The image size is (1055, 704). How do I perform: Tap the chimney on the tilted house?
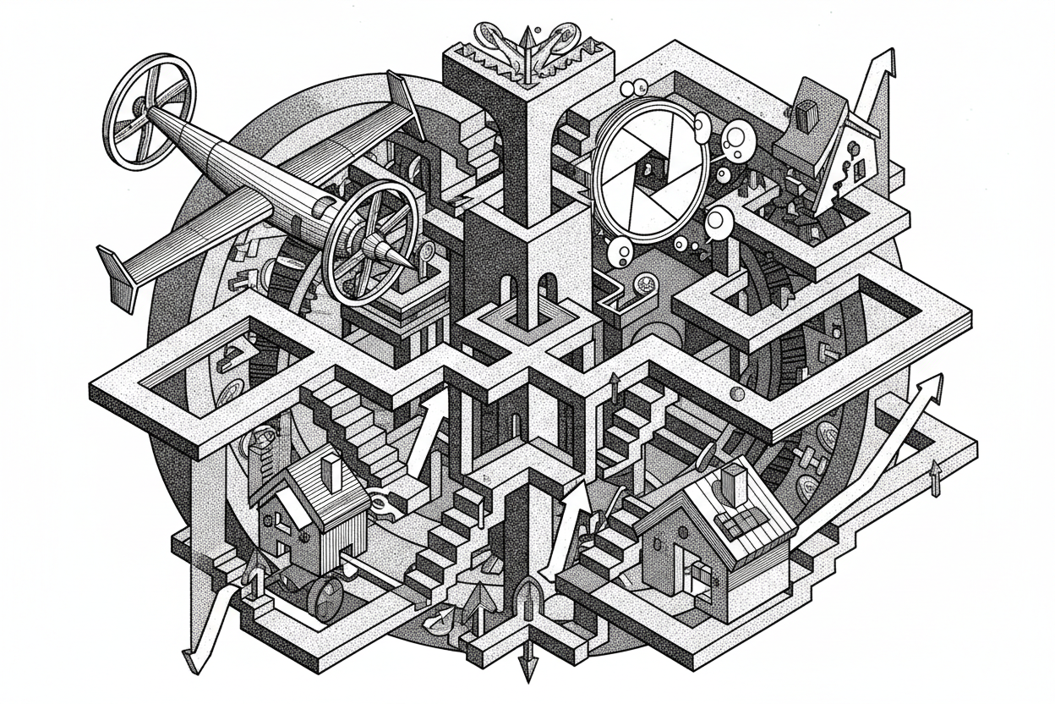coord(804,113)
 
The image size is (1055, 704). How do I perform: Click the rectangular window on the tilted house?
coord(861,170)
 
